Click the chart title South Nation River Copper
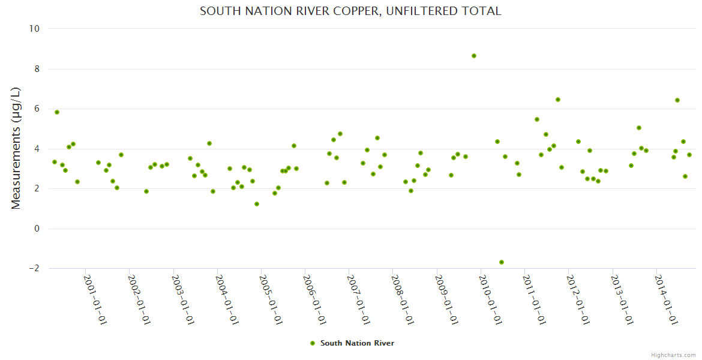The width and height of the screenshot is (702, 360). coord(350,11)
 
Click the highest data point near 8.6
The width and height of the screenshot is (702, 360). coord(474,56)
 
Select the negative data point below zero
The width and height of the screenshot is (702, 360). coord(502,262)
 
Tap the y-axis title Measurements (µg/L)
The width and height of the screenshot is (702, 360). coord(16,148)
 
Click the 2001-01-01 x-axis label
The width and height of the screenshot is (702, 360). coord(95,299)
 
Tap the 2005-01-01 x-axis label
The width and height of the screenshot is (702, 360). coord(271,299)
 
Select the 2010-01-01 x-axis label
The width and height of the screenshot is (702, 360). coord(490,299)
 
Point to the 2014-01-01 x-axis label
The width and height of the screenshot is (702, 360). coord(666,299)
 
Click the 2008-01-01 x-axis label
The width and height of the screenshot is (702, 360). coord(403,299)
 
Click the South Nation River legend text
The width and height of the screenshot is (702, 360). coord(357,343)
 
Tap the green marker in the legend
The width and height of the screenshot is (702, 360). coord(312,343)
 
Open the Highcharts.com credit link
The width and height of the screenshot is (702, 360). coord(673,355)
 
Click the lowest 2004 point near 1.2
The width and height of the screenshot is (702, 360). coord(257,204)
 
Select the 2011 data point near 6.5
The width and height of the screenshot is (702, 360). coord(558,100)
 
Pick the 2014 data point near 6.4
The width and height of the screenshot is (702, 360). coord(677,100)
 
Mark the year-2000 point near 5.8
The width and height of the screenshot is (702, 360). coord(57,112)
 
